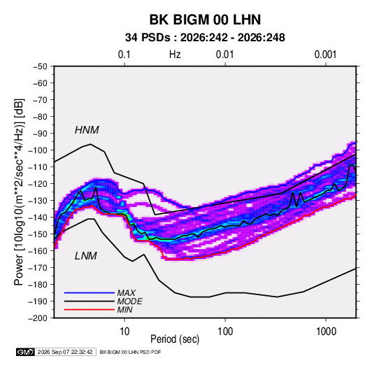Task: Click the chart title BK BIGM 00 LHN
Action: point(205,20)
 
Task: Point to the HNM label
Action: point(87,130)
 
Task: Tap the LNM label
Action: point(86,256)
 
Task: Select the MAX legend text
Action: point(127,292)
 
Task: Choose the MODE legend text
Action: point(130,301)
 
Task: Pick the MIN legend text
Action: point(124,310)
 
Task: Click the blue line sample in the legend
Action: point(89,292)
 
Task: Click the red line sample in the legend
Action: point(89,310)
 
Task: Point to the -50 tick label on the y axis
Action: point(40,66)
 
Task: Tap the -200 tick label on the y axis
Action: point(38,318)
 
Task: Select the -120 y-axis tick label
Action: point(38,184)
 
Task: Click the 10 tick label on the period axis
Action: point(124,332)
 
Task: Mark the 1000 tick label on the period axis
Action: point(326,332)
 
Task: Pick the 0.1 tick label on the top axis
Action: point(124,55)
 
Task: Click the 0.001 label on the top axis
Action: point(325,55)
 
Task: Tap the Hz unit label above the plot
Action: point(175,55)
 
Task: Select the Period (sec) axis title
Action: point(175,339)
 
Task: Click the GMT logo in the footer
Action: point(26,352)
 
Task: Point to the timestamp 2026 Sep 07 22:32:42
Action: point(65,352)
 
